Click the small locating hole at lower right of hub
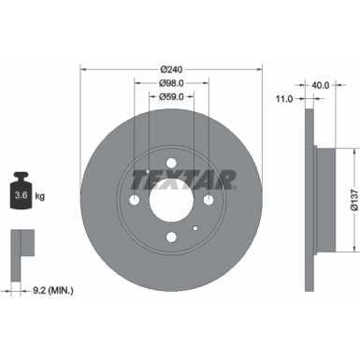(194, 226)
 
